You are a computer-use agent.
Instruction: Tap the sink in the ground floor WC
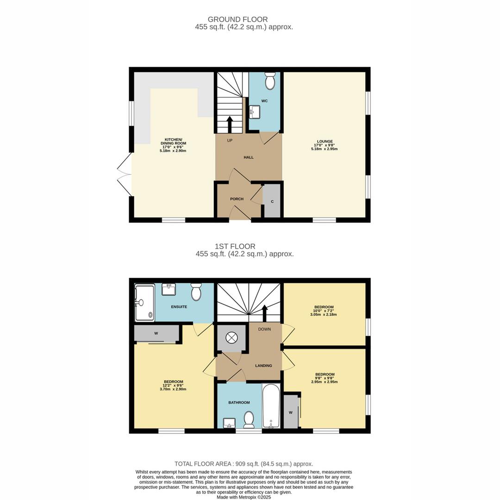[x=254, y=112]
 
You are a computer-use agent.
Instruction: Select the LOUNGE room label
[x=325, y=142]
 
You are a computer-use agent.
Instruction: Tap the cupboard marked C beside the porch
[x=272, y=201]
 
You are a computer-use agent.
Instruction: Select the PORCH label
[x=237, y=199]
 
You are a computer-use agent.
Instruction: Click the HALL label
[x=249, y=157]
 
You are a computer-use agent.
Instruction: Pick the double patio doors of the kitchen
[x=125, y=175]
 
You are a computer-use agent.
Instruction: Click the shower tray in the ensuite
[x=144, y=303]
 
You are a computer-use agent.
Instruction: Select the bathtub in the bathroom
[x=271, y=406]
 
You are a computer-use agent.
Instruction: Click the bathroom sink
[x=229, y=423]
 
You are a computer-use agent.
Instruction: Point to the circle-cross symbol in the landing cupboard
[x=231, y=337]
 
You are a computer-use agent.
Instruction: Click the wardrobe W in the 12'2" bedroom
[x=156, y=333]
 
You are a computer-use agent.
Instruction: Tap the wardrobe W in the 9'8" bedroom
[x=291, y=412]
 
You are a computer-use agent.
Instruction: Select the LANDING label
[x=263, y=366]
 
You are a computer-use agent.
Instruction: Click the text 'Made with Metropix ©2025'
[x=244, y=497]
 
